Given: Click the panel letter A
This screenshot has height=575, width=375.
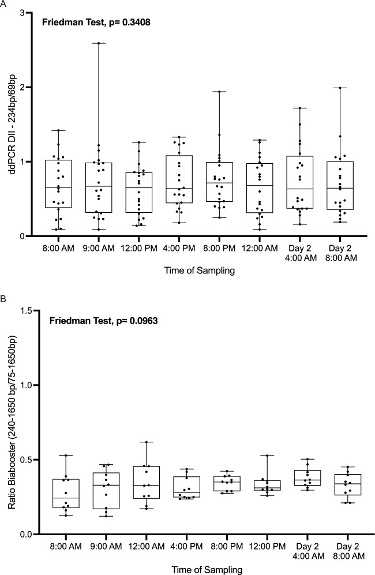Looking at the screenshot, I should tap(3, 4).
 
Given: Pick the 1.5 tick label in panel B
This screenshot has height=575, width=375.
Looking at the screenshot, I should tap(22, 311).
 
